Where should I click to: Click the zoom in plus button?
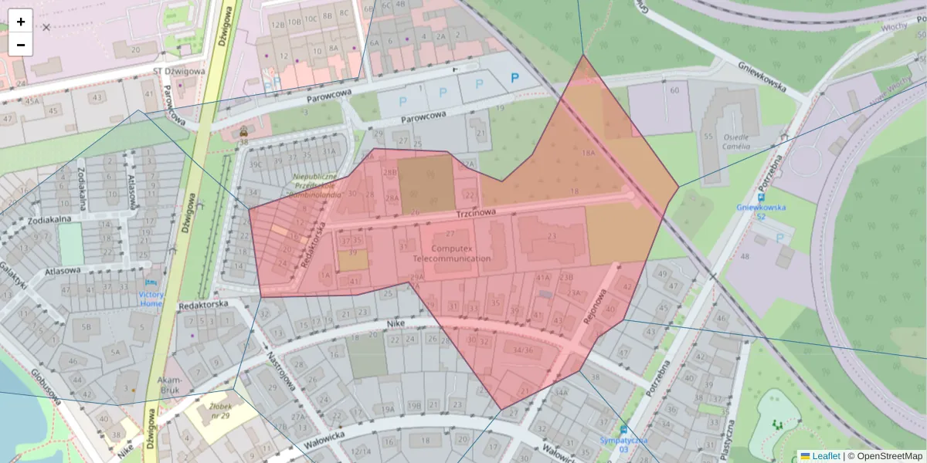[21, 22]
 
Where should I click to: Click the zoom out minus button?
[21, 45]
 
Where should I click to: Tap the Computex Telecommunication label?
[451, 253]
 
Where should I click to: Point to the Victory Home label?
[151, 299]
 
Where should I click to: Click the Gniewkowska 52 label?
[761, 211]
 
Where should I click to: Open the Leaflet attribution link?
[826, 456]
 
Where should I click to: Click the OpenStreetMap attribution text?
[888, 456]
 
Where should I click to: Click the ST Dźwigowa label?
[178, 71]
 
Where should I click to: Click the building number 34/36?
[523, 350]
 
